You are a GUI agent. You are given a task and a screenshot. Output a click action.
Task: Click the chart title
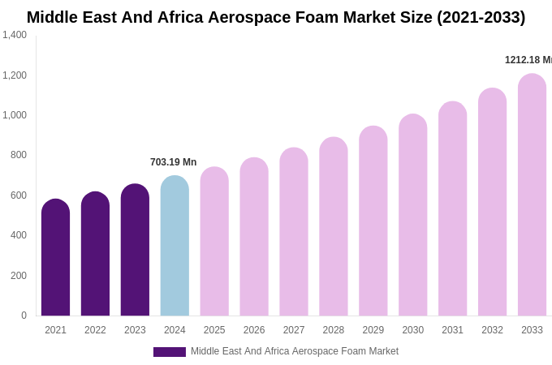(x=276, y=17)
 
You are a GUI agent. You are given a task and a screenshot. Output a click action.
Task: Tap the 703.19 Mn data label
(x=173, y=162)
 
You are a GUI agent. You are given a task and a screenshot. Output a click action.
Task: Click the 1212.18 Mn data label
(x=528, y=60)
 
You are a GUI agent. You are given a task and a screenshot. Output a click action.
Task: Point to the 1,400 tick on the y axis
(x=15, y=35)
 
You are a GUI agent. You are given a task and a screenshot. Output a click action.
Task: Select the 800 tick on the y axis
(x=19, y=155)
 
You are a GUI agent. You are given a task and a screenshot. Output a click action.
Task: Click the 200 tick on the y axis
(x=19, y=276)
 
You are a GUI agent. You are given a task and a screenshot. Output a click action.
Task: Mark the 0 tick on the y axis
(x=24, y=316)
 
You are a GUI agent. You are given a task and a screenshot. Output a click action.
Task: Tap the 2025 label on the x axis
(x=214, y=330)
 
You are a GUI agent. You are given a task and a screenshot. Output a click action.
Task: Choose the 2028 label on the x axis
(x=334, y=330)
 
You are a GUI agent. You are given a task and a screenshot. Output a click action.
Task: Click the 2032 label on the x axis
(x=492, y=330)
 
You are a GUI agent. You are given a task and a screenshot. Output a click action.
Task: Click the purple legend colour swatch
(x=170, y=352)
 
